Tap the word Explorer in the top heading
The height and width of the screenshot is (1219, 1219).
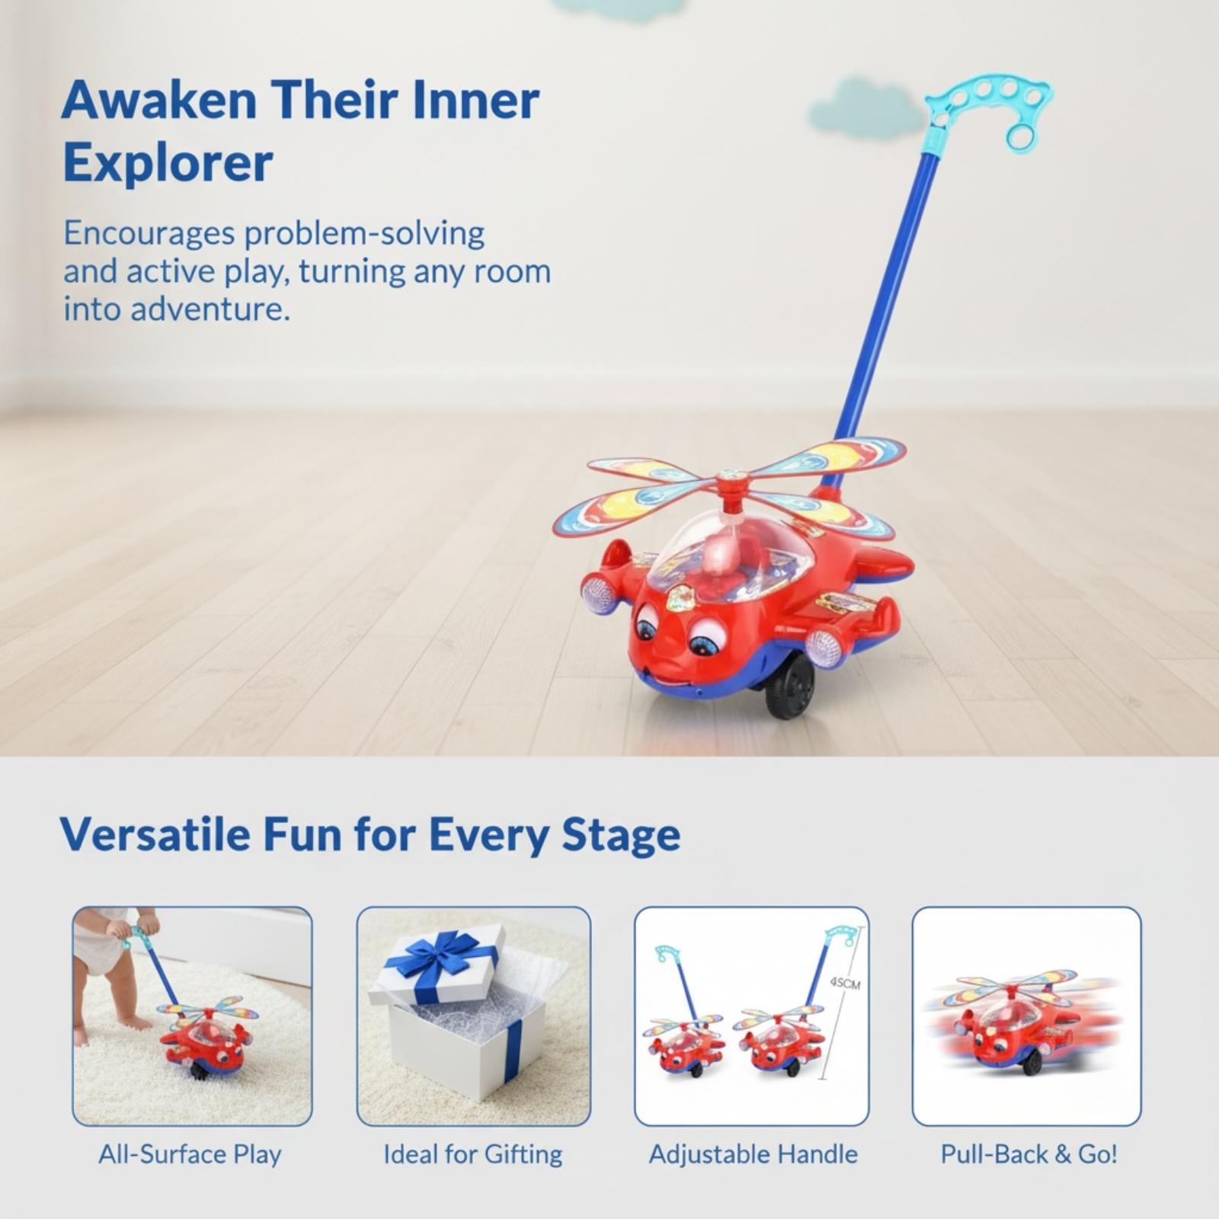(168, 162)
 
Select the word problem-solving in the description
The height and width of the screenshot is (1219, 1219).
(364, 234)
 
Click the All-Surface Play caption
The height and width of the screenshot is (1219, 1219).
(190, 1154)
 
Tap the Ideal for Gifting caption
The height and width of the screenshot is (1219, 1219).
(472, 1154)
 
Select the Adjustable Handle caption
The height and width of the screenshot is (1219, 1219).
(753, 1154)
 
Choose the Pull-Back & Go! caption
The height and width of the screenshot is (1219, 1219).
(1029, 1154)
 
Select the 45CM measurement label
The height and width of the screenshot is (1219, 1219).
(845, 984)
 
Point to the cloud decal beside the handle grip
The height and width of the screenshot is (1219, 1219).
(861, 108)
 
